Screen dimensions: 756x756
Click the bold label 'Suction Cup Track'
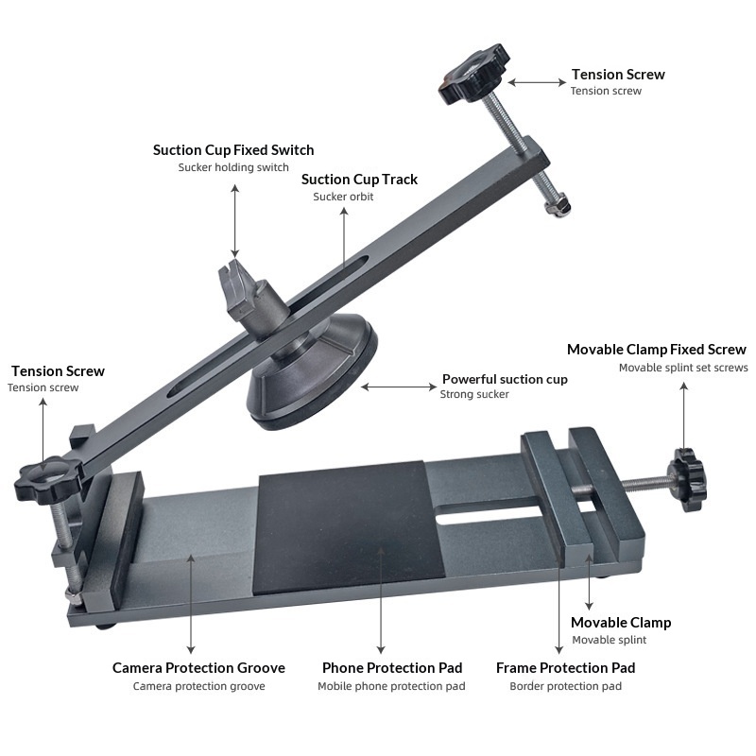tap(359, 179)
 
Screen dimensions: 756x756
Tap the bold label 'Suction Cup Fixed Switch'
tap(233, 149)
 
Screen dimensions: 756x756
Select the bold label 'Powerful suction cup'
tap(505, 379)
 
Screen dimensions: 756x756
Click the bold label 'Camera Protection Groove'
tap(198, 667)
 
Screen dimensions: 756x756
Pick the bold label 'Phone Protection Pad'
tap(392, 667)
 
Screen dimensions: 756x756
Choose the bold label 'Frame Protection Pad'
tap(565, 667)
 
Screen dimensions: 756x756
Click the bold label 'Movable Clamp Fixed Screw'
tap(656, 350)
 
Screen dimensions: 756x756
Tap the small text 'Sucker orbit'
tap(343, 197)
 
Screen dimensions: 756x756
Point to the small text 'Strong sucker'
tap(474, 394)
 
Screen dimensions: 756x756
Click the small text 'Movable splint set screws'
tap(683, 368)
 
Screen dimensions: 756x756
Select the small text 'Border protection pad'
tap(565, 686)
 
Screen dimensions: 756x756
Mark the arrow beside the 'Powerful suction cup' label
tap(397, 386)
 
